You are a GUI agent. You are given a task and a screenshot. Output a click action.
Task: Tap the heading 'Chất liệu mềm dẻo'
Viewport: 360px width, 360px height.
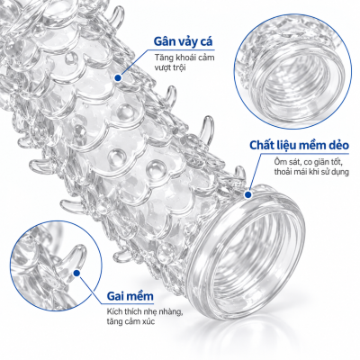click(299, 146)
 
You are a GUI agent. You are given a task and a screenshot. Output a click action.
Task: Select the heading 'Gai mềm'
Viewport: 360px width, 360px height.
click(130, 296)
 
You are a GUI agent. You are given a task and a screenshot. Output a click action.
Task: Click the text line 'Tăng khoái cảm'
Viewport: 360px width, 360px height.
click(184, 57)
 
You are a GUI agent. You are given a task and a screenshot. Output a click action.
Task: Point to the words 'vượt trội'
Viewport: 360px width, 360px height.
click(170, 67)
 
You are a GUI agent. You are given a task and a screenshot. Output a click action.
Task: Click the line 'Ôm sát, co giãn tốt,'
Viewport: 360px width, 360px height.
click(308, 162)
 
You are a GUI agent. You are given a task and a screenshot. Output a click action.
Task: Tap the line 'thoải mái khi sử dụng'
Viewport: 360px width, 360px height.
click(311, 172)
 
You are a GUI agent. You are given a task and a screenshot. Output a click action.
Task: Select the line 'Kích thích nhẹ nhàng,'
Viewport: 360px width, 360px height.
click(145, 311)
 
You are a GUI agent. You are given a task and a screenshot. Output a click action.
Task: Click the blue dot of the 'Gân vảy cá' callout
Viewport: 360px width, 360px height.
click(118, 78)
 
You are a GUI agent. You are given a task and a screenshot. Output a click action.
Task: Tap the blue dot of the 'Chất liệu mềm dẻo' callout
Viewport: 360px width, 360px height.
click(247, 195)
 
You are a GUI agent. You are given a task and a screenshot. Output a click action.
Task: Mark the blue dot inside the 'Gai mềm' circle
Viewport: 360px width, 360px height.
click(76, 273)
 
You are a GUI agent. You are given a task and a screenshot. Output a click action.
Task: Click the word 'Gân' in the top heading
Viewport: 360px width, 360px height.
click(165, 41)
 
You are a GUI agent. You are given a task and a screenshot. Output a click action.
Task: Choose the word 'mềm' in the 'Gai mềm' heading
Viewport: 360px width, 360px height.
click(140, 296)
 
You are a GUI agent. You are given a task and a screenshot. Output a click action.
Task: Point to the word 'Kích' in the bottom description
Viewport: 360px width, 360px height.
click(114, 311)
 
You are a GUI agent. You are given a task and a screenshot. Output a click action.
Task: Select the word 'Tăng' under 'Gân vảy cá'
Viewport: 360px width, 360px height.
click(162, 57)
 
